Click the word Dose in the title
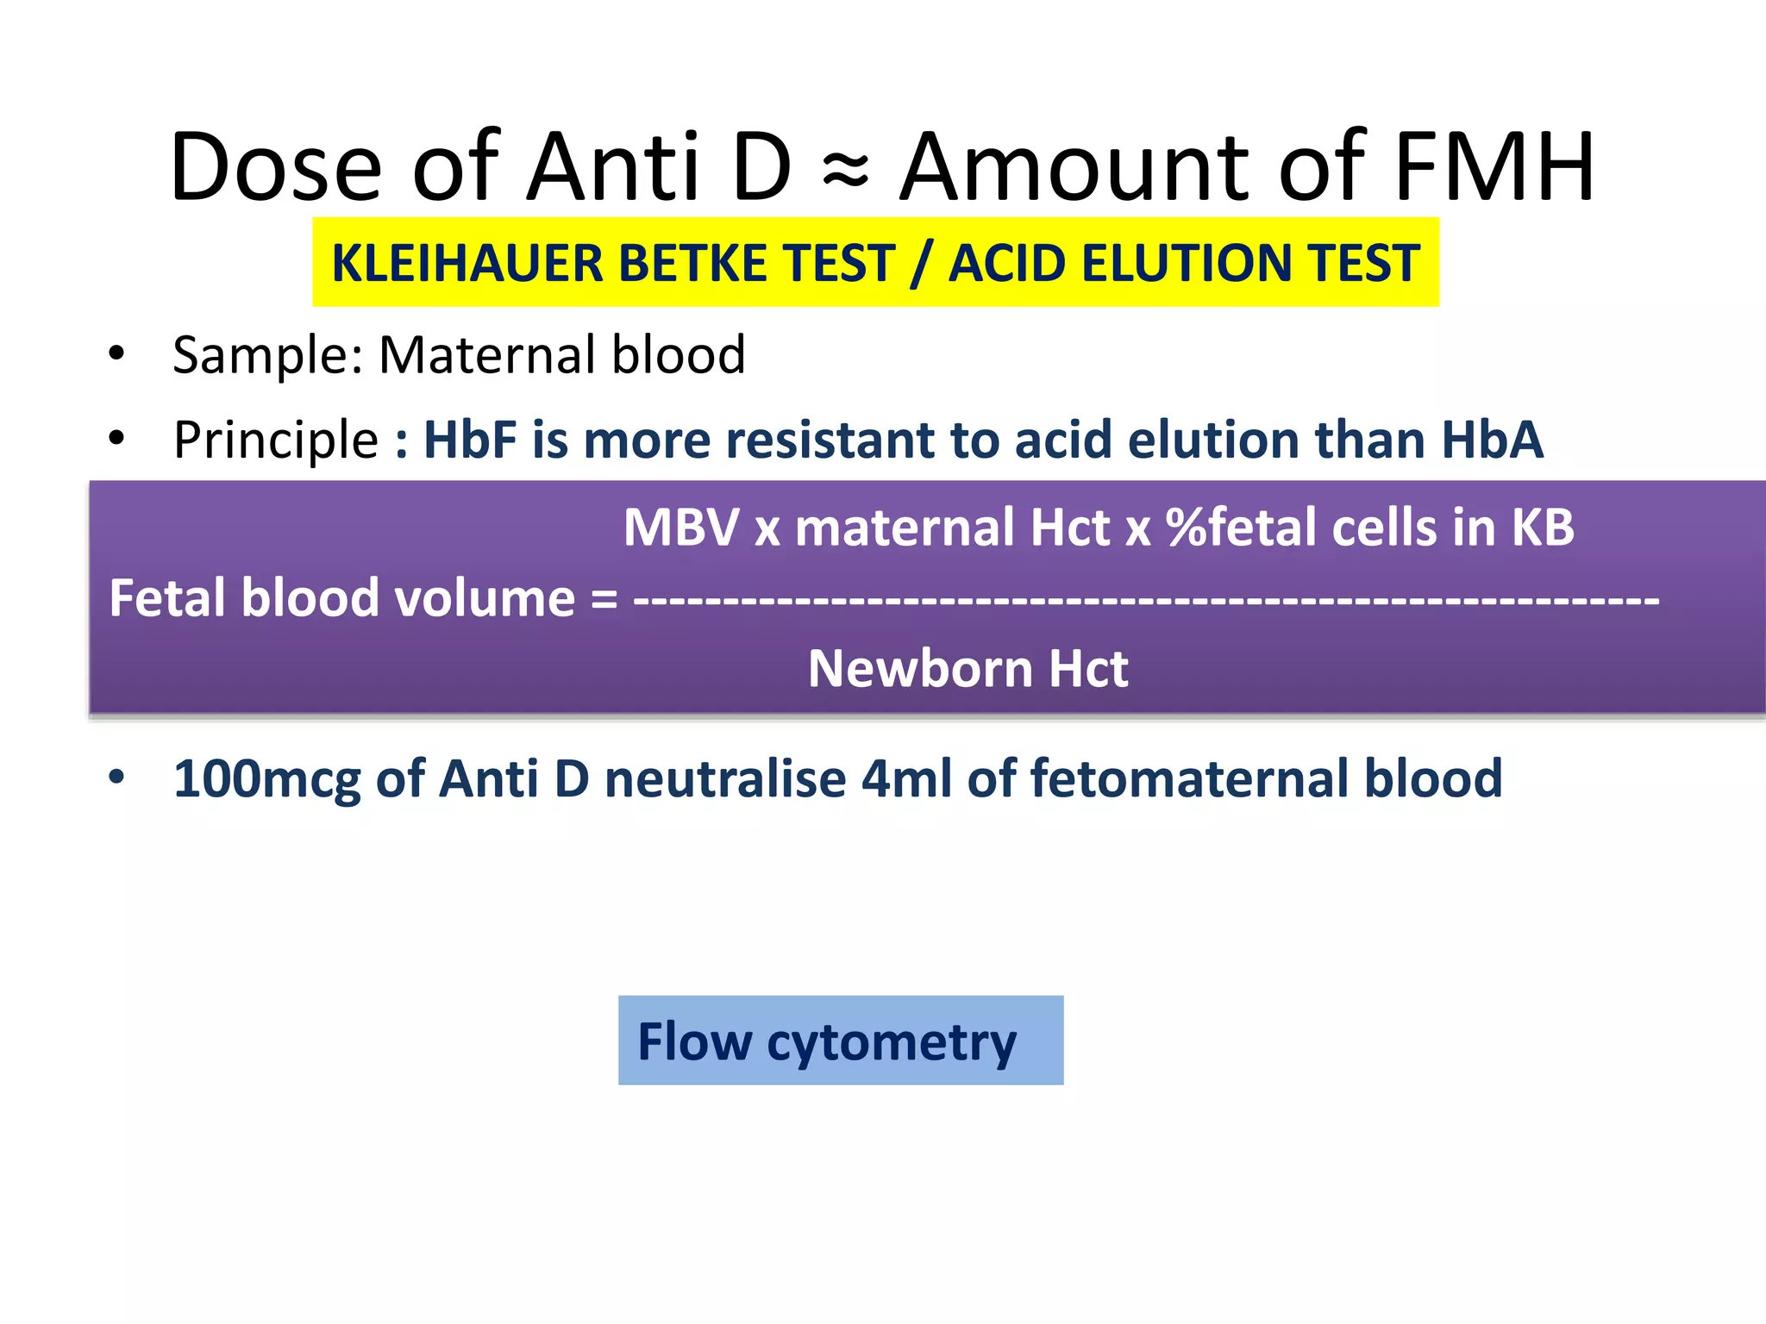pyautogui.click(x=276, y=166)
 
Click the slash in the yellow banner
pyautogui.click(x=922, y=263)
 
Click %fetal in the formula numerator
pyautogui.click(x=1241, y=527)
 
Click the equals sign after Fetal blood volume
pyautogui.click(x=604, y=599)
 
